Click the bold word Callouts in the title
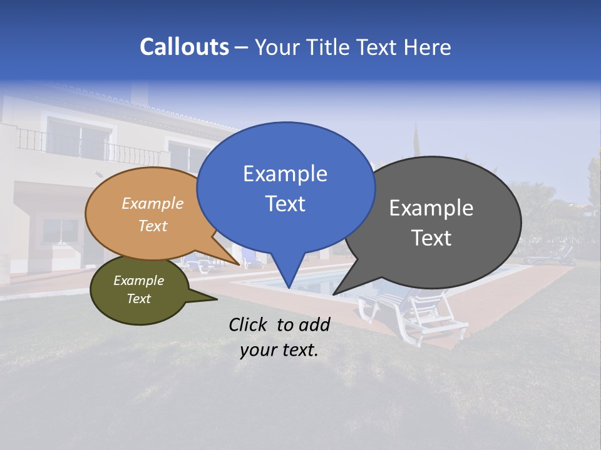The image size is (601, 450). point(184,47)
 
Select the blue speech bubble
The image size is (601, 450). point(285,187)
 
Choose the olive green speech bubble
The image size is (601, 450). point(139,290)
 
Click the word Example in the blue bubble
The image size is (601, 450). point(285,174)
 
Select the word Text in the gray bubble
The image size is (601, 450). point(431,238)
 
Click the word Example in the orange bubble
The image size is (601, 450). point(152,204)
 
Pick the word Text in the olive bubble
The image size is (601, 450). point(139,299)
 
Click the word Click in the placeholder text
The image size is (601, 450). point(249,324)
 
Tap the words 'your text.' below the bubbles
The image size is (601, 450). point(279,350)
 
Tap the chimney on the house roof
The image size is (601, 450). point(140,93)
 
